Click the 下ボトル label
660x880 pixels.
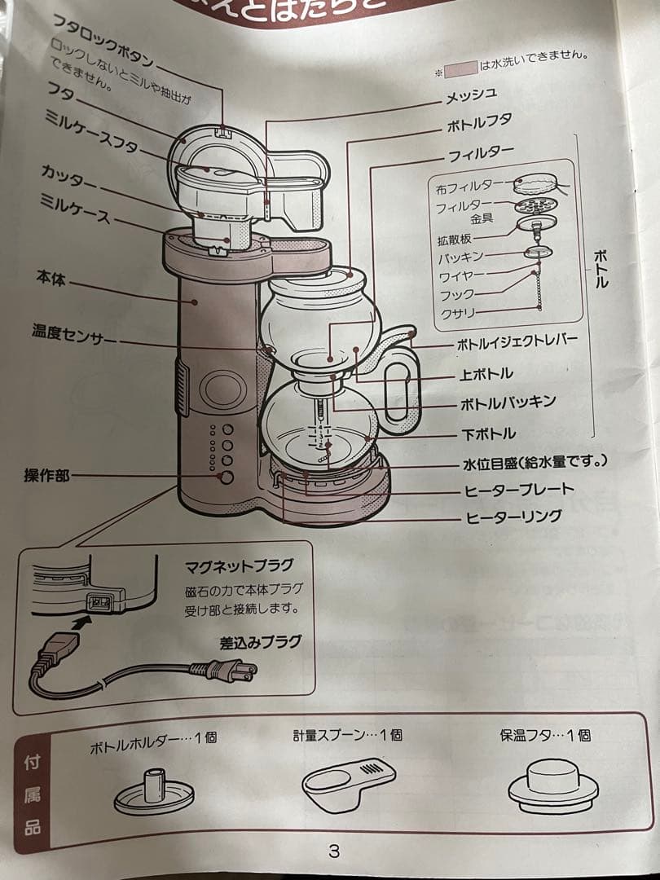487,433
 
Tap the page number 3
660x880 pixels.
333,852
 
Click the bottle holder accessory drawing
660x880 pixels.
154,790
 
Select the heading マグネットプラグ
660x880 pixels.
239,565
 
